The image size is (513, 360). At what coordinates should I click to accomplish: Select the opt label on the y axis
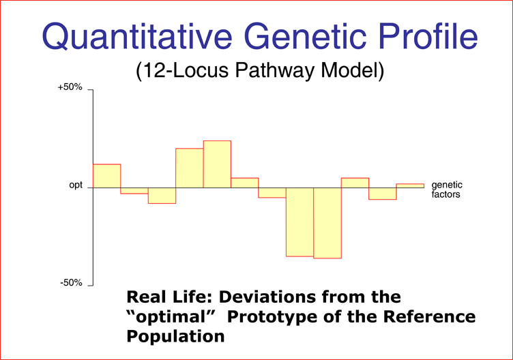pos(76,185)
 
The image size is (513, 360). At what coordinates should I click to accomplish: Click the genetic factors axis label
pos(447,190)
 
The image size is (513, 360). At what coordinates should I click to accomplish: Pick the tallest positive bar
pos(217,164)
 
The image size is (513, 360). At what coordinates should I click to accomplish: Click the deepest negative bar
pos(327,223)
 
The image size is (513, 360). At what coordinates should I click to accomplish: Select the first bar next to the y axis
pos(106,176)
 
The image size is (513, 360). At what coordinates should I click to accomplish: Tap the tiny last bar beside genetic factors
pos(410,185)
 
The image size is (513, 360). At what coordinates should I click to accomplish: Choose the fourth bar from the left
pos(190,168)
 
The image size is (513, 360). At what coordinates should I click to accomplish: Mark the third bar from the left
pos(162,196)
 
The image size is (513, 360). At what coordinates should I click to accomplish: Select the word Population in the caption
pos(175,336)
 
